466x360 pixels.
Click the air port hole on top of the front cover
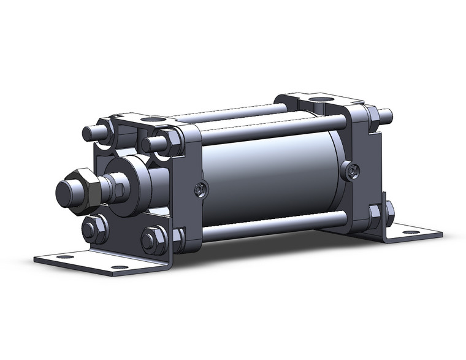click(x=151, y=118)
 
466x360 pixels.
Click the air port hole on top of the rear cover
click(x=318, y=98)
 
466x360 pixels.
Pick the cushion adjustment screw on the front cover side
click(x=199, y=191)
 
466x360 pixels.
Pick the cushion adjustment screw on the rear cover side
click(x=349, y=173)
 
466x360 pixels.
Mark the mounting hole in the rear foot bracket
click(x=411, y=232)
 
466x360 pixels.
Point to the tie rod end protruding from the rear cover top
click(x=385, y=114)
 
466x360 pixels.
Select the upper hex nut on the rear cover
click(x=372, y=119)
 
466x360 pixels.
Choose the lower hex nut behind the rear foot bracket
click(x=389, y=212)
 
